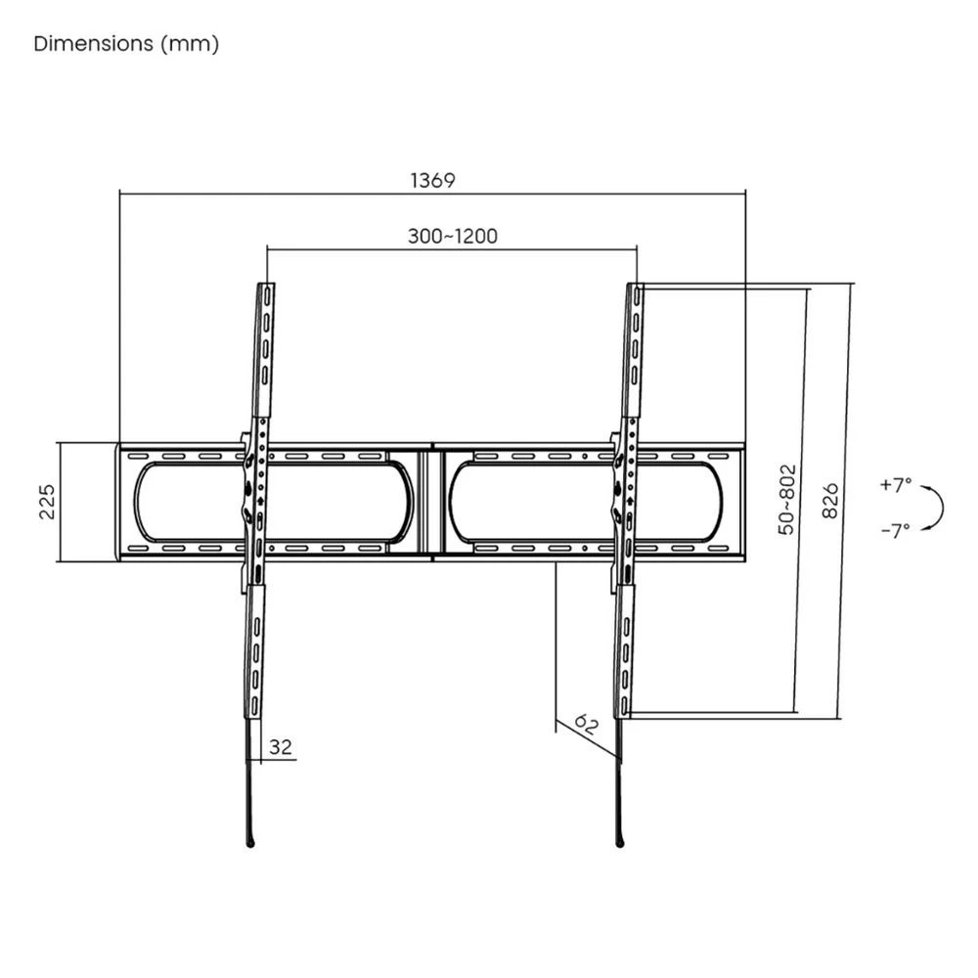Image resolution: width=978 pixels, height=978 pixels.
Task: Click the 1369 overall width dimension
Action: (x=432, y=180)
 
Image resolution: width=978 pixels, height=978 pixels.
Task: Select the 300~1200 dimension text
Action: (x=452, y=237)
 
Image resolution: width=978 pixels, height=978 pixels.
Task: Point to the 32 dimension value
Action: (x=281, y=747)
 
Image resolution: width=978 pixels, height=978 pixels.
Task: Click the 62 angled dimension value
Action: (x=586, y=726)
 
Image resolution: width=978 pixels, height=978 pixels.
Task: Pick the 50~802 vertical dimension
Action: (x=787, y=500)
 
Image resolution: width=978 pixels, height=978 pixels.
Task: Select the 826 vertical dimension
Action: (x=831, y=500)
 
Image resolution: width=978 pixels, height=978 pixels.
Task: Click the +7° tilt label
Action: (x=895, y=484)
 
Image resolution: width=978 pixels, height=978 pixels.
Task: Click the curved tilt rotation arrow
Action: (x=937, y=507)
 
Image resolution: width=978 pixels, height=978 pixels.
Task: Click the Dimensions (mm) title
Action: (x=126, y=44)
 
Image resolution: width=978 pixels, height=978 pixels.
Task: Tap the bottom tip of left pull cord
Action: (x=251, y=843)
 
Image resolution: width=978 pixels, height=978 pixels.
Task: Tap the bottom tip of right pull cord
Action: (x=620, y=843)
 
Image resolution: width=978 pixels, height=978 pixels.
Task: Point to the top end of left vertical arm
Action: (x=267, y=288)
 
